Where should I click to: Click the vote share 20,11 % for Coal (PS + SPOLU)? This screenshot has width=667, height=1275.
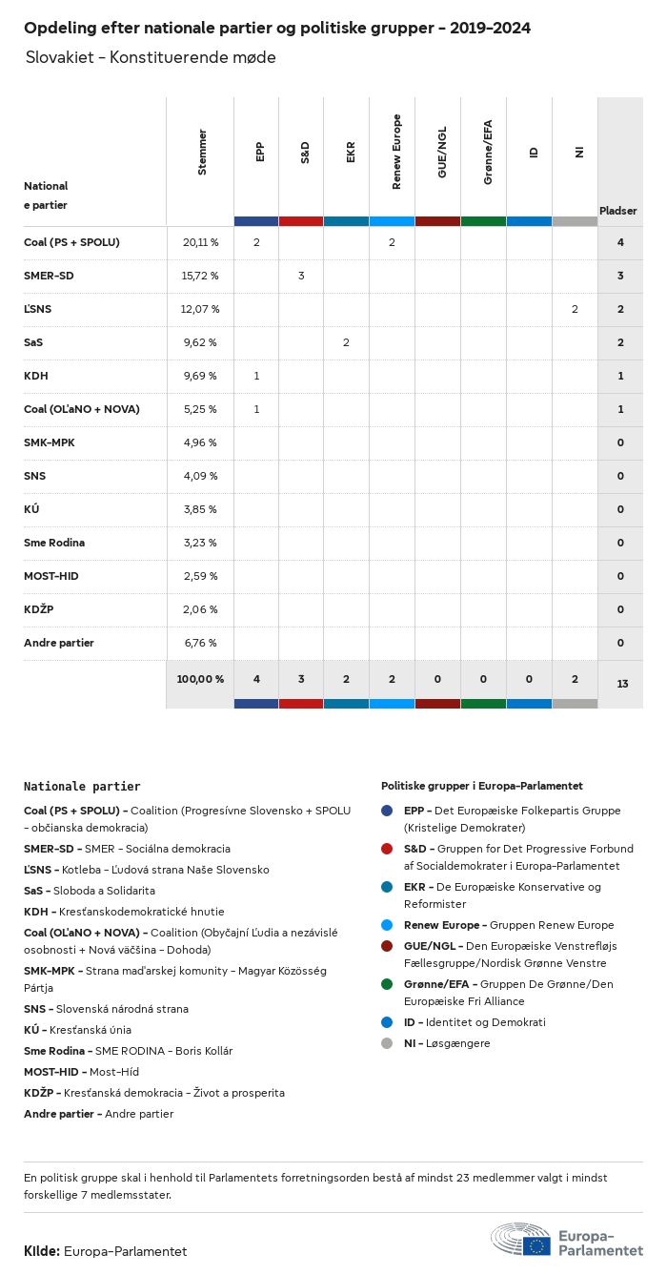(200, 242)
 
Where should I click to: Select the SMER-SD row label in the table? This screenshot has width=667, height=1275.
(49, 276)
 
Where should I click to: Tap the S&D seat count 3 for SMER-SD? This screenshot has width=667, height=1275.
(301, 276)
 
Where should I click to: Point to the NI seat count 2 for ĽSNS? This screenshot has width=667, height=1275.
(575, 309)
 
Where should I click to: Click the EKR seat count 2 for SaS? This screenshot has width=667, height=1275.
(346, 342)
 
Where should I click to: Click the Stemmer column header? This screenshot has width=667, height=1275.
(202, 152)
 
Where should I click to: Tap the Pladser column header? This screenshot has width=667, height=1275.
(618, 211)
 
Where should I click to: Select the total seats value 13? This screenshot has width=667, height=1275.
(620, 684)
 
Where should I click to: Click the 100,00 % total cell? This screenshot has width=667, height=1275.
(200, 679)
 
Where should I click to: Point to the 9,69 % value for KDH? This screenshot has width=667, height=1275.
(200, 376)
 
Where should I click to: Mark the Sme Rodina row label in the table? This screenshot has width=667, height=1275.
(54, 543)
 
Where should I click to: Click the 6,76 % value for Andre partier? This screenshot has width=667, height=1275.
(200, 643)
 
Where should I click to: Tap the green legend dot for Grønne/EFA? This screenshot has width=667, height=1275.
(387, 984)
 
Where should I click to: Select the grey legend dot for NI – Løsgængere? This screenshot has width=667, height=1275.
(387, 1043)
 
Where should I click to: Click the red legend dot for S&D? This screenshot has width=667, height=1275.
(387, 849)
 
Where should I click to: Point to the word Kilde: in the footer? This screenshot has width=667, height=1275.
(42, 1251)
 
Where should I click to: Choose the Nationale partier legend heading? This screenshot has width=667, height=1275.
(82, 787)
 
